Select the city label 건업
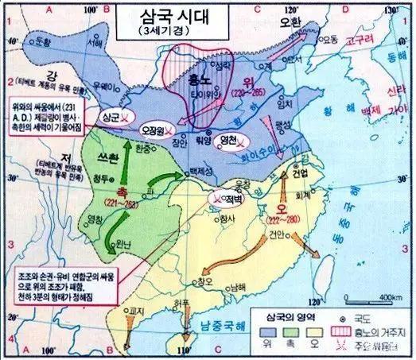click(301, 172)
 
